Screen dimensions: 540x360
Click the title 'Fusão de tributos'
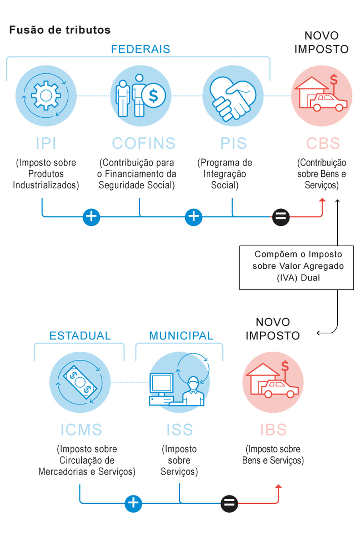[x=60, y=30]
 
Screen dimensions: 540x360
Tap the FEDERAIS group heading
[x=140, y=49]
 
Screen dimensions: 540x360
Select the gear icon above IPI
[x=46, y=95]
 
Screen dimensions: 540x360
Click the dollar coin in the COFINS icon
[x=153, y=96]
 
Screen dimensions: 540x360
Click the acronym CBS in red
[x=323, y=143]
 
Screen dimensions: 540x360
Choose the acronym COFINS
[x=144, y=143]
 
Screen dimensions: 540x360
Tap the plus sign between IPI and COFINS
[x=91, y=217]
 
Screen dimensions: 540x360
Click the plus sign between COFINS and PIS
[x=194, y=217]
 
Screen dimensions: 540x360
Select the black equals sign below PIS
[x=281, y=217]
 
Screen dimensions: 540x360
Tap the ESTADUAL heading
[x=80, y=336]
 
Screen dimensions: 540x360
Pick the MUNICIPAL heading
[x=181, y=336]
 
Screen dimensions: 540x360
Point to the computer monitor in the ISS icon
[x=161, y=383]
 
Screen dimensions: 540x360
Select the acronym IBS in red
[x=273, y=430]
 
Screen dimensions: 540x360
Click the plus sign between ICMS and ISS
[x=133, y=503]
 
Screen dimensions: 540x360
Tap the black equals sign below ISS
[x=229, y=503]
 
